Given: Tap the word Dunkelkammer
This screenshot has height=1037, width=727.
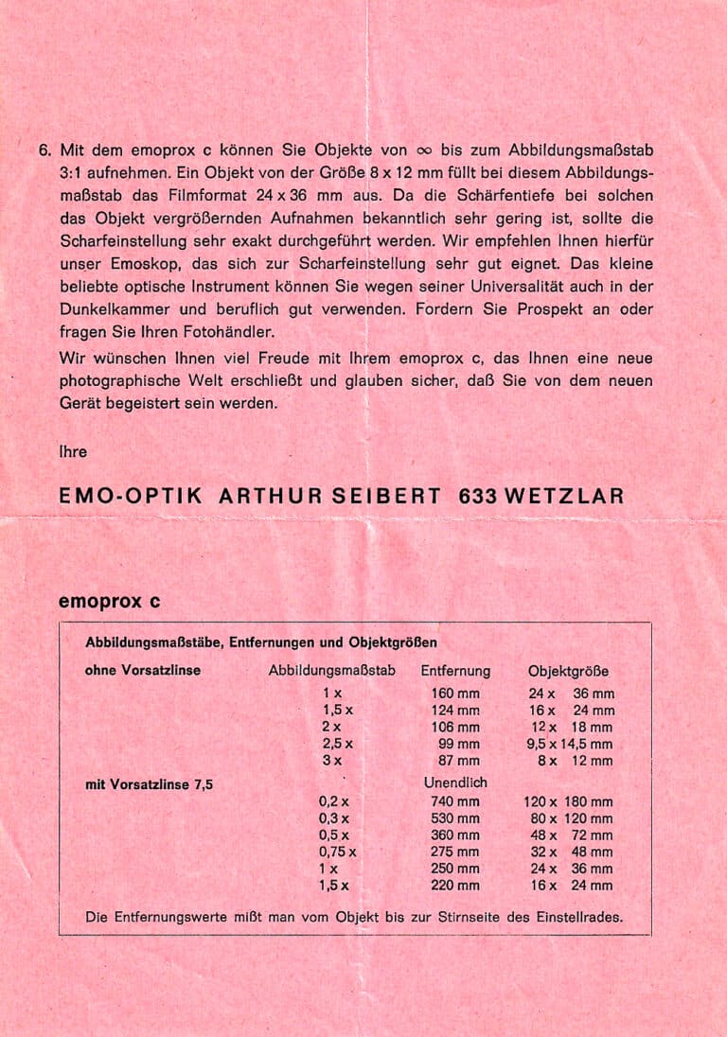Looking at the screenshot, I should coord(106,309).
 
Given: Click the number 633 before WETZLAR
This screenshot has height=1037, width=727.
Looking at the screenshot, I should coord(477,496).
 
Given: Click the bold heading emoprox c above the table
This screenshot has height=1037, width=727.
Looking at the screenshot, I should coord(109,601).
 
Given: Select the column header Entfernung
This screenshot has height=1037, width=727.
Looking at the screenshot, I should coord(455,671).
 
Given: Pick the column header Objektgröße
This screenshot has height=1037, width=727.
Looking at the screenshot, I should coord(568,671).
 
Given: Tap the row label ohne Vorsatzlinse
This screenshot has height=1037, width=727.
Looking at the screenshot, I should coord(143,671).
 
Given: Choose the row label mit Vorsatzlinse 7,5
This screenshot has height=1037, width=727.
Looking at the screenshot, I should coord(149,783).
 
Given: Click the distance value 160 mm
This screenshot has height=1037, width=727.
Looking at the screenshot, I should coord(455,694).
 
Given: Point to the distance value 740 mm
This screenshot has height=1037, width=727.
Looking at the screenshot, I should coord(455,801).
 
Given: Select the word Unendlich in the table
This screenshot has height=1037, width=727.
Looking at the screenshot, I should coord(455,783).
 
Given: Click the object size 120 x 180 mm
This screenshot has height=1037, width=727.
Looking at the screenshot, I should coord(568,801).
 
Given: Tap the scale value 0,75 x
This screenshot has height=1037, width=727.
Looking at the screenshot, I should coord(338,852).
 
